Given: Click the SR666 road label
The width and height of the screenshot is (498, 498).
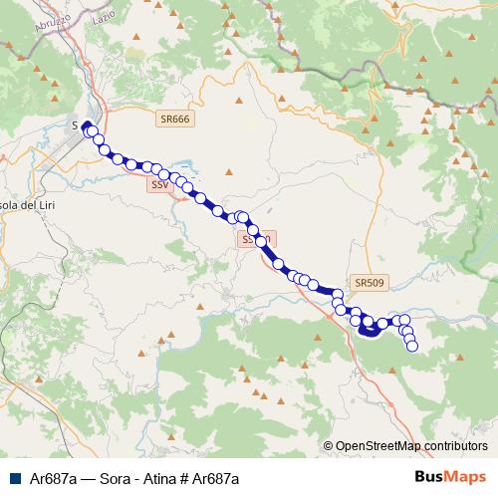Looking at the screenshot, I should [174, 119].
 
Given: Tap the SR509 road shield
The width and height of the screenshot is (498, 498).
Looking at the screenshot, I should [369, 283].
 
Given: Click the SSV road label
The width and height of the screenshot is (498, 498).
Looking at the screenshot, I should [160, 185].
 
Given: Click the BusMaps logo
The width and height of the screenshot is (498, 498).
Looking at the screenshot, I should [450, 477].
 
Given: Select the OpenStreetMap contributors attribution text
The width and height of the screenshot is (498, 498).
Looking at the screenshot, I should [410, 447].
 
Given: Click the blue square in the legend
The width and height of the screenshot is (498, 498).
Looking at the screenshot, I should [14, 478].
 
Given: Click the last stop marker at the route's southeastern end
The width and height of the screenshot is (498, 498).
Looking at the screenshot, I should [411, 346].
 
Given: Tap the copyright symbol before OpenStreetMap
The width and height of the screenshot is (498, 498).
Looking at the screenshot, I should [328, 447].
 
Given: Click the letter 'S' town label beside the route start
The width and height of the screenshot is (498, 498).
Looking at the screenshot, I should [76, 124].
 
